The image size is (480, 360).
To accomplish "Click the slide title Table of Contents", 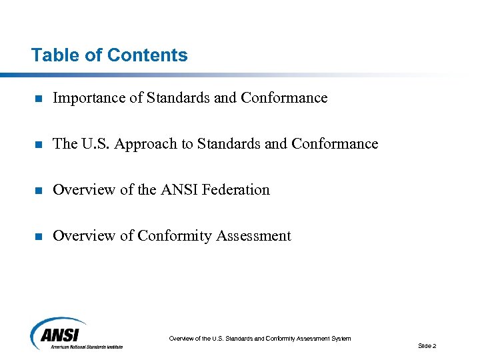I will point(109,55).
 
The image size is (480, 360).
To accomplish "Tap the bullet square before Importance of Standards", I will point(39,99).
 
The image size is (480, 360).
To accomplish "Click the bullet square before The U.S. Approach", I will point(39,145).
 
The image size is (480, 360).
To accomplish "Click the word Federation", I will point(237,190).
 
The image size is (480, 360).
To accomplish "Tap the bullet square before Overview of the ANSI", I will point(39,191).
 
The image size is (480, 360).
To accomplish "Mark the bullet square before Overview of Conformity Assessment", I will point(39,237).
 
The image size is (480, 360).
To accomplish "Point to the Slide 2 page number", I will point(427,346).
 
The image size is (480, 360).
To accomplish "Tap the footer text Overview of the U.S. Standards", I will point(259,339).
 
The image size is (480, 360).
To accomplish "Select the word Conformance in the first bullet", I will point(285,98).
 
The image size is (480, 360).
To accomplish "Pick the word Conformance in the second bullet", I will point(335,144).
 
